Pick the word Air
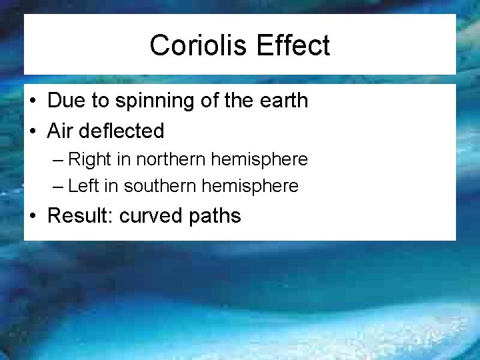pyautogui.click(x=59, y=131)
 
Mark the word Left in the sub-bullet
pyautogui.click(x=83, y=186)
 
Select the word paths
pyautogui.click(x=216, y=216)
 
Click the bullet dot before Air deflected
pyautogui.click(x=33, y=131)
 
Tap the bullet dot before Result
pyautogui.click(x=33, y=217)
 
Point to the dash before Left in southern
pyautogui.click(x=60, y=187)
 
